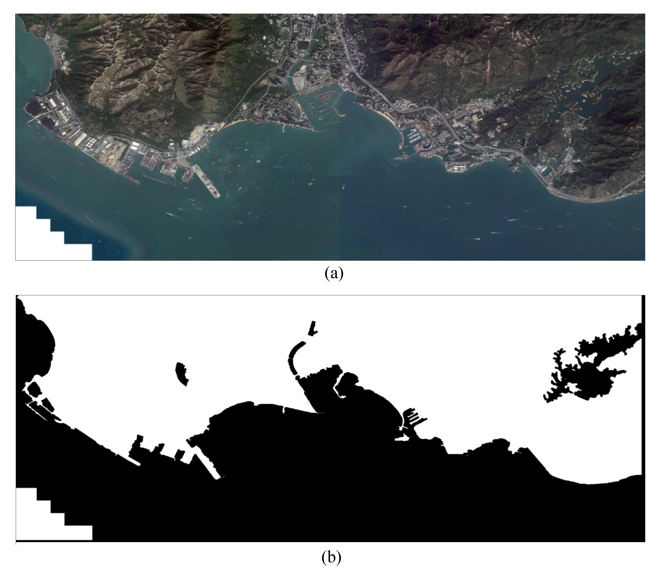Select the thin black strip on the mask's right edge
pos(643,383)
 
